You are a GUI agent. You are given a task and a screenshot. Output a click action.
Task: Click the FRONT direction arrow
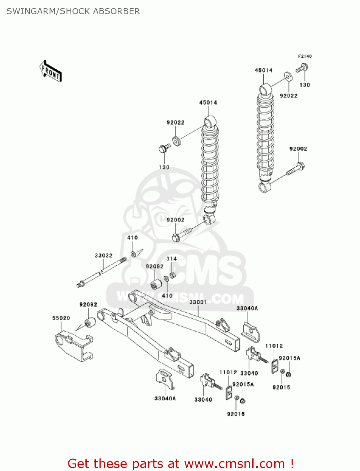click(51, 71)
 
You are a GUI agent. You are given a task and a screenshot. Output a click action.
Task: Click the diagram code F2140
click(305, 56)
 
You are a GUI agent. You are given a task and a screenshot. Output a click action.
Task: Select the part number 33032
click(104, 256)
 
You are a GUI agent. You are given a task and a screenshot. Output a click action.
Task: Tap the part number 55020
click(61, 318)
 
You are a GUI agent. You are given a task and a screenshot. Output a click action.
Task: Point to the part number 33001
click(198, 302)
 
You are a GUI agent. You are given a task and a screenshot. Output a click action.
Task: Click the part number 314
click(171, 259)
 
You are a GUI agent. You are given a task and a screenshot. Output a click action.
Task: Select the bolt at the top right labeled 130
click(302, 68)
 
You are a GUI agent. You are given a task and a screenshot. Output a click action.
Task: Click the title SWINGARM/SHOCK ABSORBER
click(73, 11)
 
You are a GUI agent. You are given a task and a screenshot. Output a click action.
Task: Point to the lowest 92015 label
click(236, 414)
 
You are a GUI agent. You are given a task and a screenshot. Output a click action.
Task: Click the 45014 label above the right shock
click(264, 70)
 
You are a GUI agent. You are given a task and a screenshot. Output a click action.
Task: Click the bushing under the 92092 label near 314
click(156, 284)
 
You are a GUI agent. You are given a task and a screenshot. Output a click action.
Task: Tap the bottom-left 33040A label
click(165, 398)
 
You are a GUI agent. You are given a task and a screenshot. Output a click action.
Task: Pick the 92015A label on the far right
click(289, 358)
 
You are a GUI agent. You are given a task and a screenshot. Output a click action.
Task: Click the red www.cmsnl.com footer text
click(180, 463)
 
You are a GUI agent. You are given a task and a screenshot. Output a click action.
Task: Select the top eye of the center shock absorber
click(210, 121)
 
